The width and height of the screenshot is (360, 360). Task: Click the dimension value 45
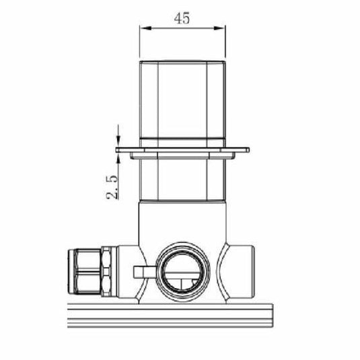(x=180, y=19)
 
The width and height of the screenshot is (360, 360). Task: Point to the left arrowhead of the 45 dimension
(x=143, y=28)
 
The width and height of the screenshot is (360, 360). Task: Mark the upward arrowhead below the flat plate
(x=118, y=157)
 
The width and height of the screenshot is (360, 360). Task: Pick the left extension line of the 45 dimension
(x=139, y=40)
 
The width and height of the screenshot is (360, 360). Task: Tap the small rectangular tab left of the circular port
(x=142, y=271)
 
